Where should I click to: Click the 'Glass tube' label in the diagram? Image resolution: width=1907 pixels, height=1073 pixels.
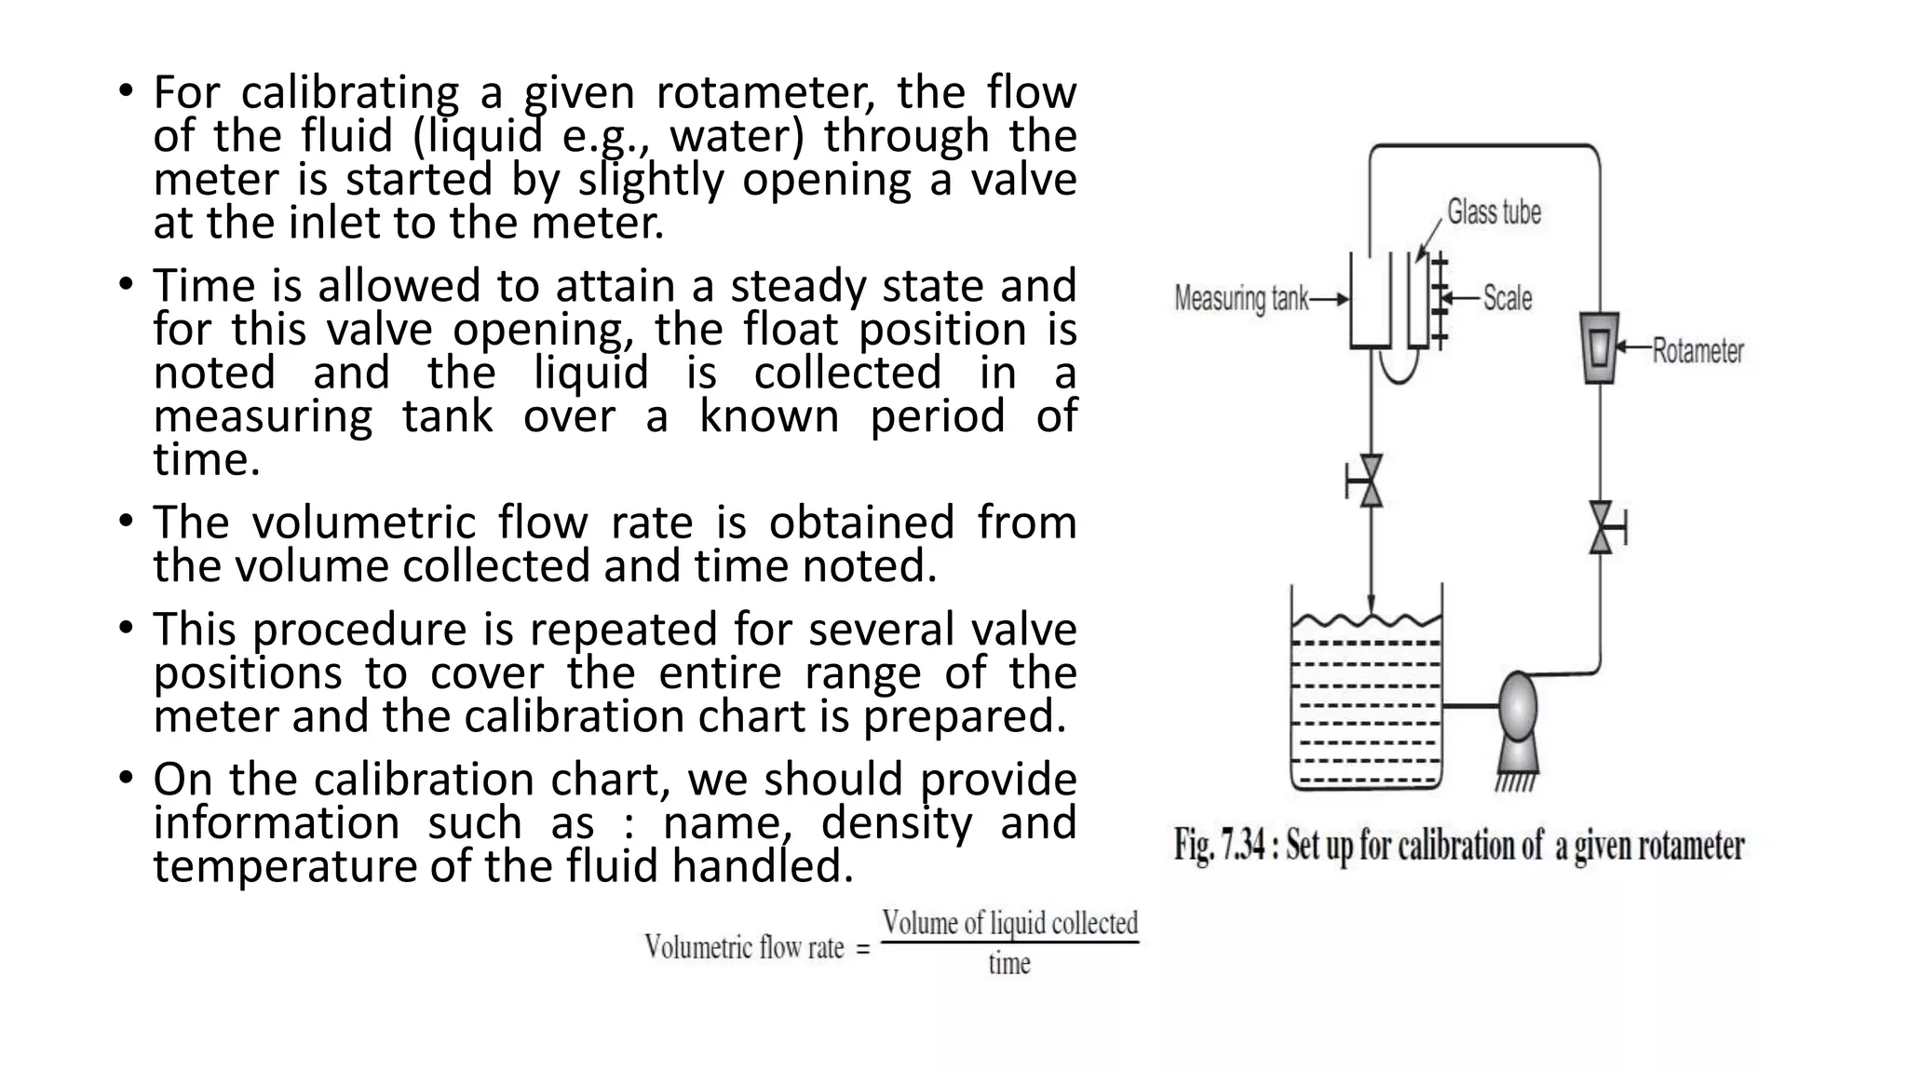(x=1494, y=212)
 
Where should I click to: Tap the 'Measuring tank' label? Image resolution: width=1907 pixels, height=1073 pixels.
(x=1241, y=299)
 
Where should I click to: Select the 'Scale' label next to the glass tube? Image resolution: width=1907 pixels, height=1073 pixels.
(x=1508, y=298)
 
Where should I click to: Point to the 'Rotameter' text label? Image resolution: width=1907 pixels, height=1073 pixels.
(x=1697, y=351)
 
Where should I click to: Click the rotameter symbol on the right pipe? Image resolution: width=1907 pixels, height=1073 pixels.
(x=1600, y=347)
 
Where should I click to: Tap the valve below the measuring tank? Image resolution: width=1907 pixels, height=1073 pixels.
(x=1370, y=481)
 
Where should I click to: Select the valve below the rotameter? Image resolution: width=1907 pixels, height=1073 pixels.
(x=1602, y=527)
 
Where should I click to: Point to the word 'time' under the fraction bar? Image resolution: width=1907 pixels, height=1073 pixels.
(x=1009, y=963)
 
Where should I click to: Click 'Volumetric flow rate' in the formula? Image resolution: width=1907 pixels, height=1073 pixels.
(x=744, y=948)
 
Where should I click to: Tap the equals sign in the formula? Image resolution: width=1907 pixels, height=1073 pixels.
(x=862, y=950)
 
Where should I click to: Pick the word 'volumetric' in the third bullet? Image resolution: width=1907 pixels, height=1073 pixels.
(x=364, y=522)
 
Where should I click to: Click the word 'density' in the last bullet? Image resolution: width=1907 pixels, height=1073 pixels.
(x=896, y=822)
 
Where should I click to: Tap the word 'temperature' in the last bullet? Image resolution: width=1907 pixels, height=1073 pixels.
(x=284, y=866)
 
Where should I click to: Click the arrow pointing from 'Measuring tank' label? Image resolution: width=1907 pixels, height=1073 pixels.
(x=1330, y=299)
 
